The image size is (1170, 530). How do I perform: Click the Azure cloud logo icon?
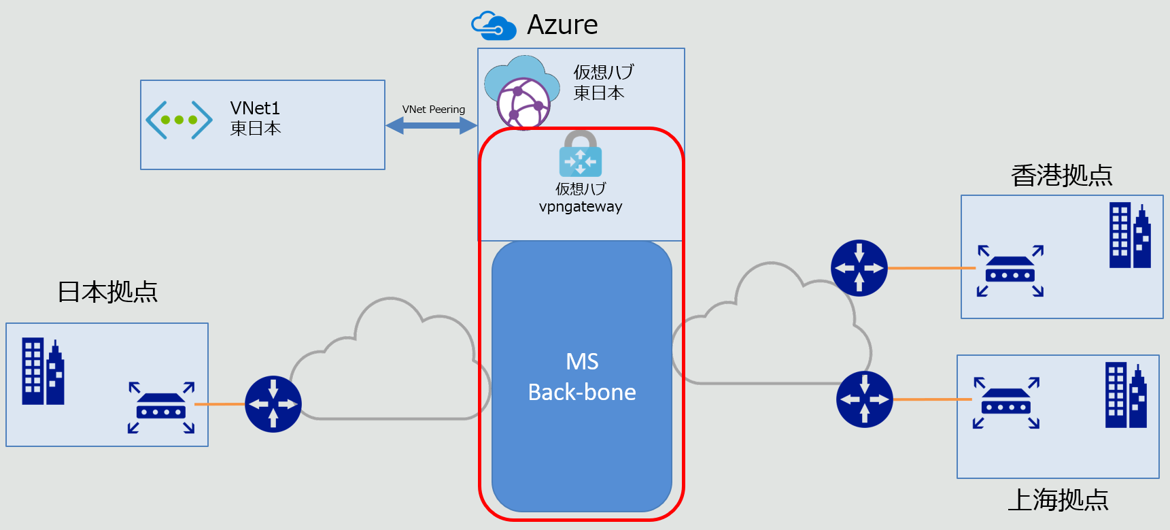pos(494,26)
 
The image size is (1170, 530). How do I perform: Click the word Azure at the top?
pos(562,25)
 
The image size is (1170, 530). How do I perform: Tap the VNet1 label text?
pos(255,108)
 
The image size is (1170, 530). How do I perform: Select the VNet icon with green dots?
pos(179,120)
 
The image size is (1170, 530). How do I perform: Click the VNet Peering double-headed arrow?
pos(431,125)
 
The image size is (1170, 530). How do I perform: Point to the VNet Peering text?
pos(433,110)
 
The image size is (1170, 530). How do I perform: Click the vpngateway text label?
pos(580,207)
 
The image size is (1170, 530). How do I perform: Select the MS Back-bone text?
pos(582,377)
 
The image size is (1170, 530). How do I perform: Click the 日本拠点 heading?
pos(107,292)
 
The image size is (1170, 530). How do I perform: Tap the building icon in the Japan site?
pos(43,371)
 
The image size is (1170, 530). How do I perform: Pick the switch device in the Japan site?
pos(161,408)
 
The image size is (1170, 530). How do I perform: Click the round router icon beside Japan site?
pos(273,404)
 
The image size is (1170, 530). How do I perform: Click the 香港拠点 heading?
pos(1061,176)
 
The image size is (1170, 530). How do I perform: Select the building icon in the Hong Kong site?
pos(1130,235)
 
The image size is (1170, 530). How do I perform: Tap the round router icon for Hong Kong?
pos(859,268)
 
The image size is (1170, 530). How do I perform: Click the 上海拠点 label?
pos(1057,500)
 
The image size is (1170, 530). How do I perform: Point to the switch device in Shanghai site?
pos(1006,403)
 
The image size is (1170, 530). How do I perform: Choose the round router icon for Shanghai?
pos(865,399)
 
